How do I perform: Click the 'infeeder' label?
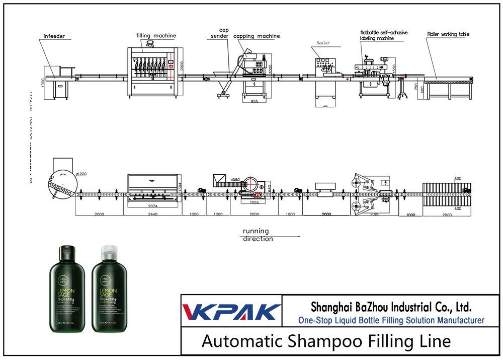(x=54, y=36)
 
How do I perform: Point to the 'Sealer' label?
(x=323, y=43)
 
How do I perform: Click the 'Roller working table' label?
(x=448, y=34)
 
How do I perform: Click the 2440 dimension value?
(x=152, y=214)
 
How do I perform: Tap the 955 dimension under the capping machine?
(x=256, y=101)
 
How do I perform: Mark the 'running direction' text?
(x=258, y=235)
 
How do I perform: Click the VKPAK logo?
(x=232, y=312)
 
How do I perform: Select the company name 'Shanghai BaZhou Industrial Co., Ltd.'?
(x=391, y=307)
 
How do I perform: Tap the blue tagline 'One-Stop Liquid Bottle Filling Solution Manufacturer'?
(x=391, y=320)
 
